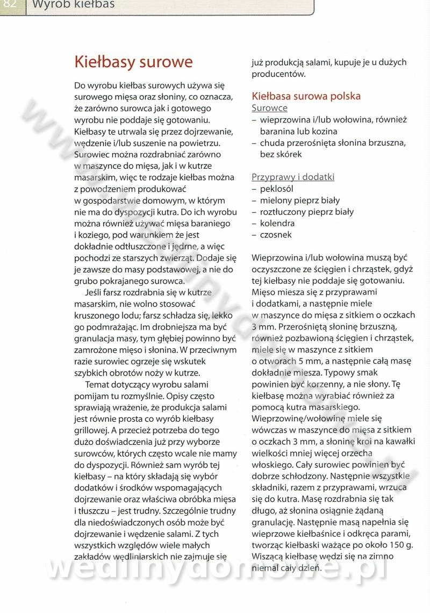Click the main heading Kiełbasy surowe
133,62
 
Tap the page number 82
10,5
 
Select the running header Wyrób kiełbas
73,5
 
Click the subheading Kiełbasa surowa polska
306,96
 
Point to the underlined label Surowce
269,108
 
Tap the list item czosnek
276,235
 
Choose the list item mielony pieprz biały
299,200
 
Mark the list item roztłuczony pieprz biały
306,212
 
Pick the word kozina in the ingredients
324,131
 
